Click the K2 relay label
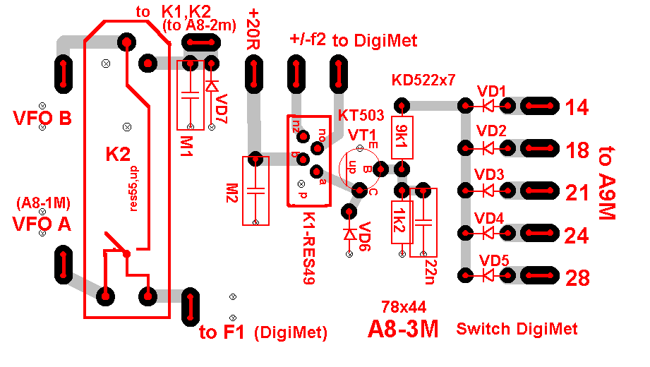pos(118,153)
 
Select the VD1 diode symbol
pos(486,107)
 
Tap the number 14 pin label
pos(577,108)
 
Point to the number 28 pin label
pos(577,278)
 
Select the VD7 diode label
pos(222,107)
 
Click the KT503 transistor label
pos(361,115)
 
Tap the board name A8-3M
pos(403,330)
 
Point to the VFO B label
pos(42,118)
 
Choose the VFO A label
pos(42,224)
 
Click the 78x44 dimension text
pos(403,307)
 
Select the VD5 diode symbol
pos(486,274)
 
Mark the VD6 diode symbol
pos(347,233)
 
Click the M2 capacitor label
pos(231,191)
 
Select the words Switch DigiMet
pos(517,329)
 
